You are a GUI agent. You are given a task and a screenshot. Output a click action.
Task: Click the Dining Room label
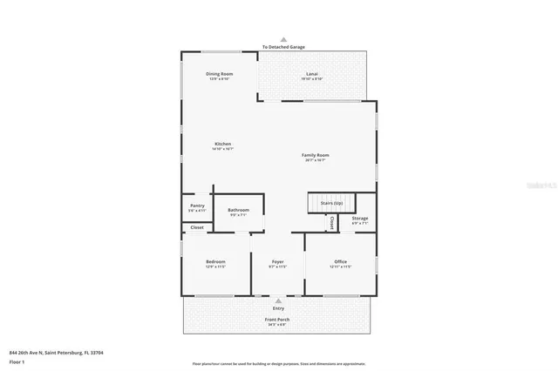[220, 74]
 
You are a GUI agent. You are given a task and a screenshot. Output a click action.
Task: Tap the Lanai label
[311, 74]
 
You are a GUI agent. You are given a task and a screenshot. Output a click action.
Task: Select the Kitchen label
[223, 144]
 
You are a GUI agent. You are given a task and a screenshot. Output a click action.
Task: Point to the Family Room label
[316, 155]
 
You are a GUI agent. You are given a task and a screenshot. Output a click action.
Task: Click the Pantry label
[197, 206]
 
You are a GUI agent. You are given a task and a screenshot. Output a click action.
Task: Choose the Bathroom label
[239, 210]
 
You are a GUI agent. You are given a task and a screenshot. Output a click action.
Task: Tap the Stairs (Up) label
[331, 203]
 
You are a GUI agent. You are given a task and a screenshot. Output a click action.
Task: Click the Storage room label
[360, 218]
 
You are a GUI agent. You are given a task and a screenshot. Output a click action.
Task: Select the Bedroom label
[215, 261]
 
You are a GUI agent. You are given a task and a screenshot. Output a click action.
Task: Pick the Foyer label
[278, 261]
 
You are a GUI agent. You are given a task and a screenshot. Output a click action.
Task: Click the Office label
[341, 261]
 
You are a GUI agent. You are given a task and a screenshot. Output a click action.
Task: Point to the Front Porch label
[278, 319]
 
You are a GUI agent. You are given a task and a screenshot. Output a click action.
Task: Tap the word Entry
[278, 307]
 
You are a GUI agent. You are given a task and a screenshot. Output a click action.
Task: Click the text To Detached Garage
[279, 47]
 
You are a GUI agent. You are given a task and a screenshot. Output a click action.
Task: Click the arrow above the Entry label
[278, 300]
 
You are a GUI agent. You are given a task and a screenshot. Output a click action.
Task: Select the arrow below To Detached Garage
[279, 54]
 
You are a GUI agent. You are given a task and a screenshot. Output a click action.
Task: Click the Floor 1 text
[16, 361]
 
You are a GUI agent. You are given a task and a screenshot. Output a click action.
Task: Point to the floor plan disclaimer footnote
[279, 363]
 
